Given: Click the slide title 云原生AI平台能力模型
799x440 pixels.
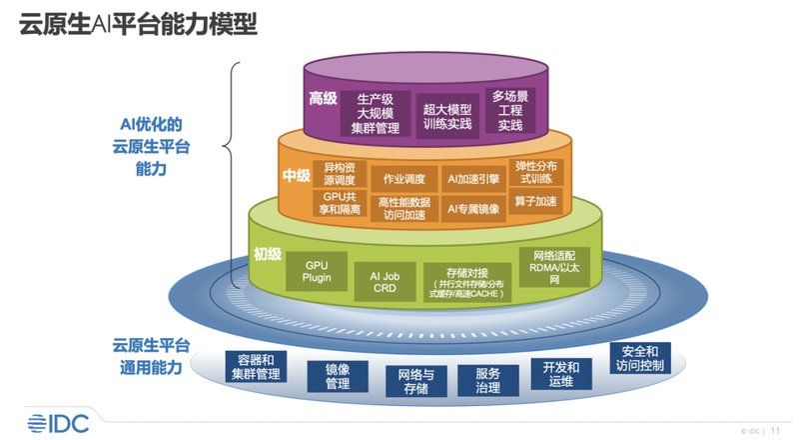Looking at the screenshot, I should tap(139, 23).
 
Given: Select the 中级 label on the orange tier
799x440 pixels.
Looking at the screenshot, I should tap(297, 175).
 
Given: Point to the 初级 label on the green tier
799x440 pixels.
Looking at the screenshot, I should tap(267, 254).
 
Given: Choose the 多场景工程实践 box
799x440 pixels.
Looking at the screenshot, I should tap(509, 111).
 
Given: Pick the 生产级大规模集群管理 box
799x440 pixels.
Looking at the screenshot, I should tap(377, 113).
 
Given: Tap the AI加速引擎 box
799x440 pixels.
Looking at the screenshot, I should tap(472, 179).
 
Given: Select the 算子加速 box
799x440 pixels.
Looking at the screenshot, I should tap(536, 201).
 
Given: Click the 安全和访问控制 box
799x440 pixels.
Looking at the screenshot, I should tap(639, 358).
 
